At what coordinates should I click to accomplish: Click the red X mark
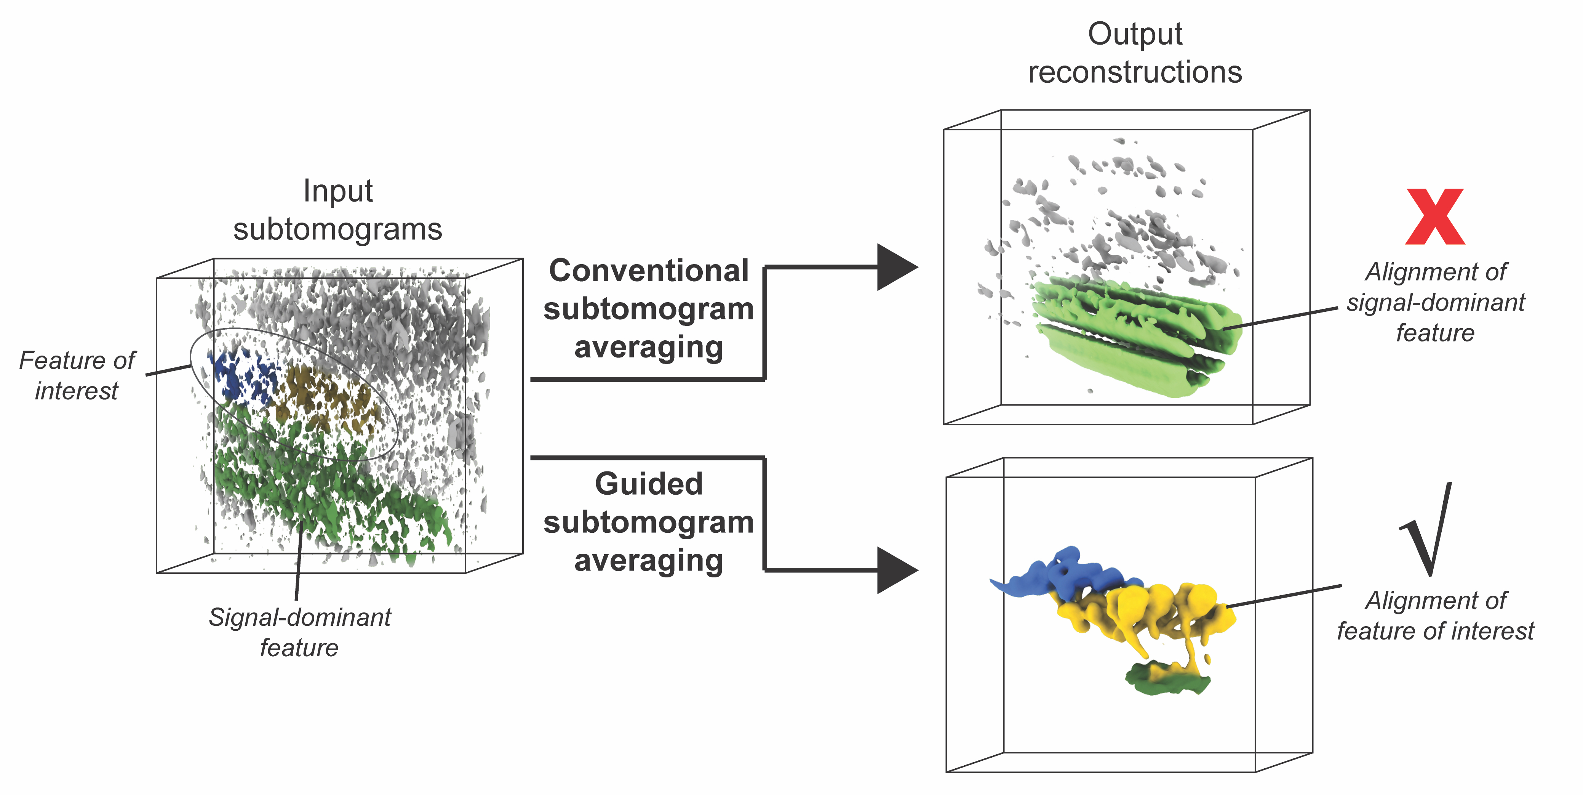click(1435, 217)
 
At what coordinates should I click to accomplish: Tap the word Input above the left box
click(338, 191)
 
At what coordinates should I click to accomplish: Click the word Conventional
click(648, 271)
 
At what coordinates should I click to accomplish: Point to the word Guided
click(648, 484)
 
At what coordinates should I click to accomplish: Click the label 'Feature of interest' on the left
click(77, 375)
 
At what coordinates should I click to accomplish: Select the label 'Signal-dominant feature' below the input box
click(299, 632)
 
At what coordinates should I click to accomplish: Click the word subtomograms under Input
click(338, 230)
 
